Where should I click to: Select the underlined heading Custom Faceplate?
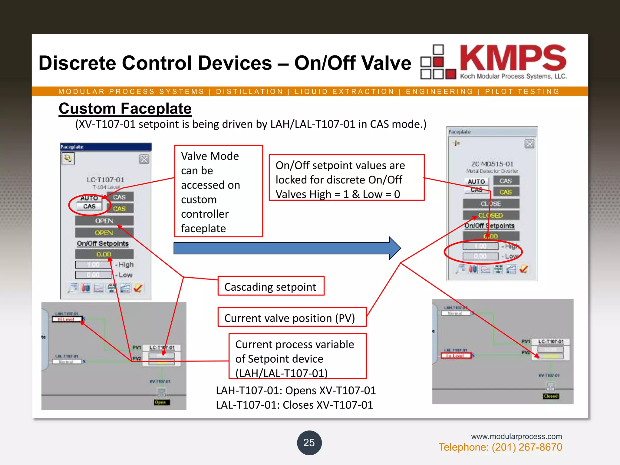click(125, 109)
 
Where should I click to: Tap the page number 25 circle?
click(309, 443)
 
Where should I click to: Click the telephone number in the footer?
click(500, 447)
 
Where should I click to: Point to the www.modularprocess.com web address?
click(516, 436)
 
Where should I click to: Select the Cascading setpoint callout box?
click(271, 286)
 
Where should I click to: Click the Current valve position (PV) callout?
click(292, 318)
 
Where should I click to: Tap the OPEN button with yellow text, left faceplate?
click(104, 232)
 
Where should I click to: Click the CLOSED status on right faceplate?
click(491, 215)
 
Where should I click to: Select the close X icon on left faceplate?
click(144, 159)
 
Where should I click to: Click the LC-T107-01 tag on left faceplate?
click(105, 180)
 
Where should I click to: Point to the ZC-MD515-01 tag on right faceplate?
click(492, 164)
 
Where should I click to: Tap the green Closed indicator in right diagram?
click(550, 396)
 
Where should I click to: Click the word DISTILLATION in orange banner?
click(249, 91)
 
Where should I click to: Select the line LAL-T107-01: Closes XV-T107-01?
click(294, 405)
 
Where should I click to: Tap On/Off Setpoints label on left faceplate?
click(103, 243)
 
